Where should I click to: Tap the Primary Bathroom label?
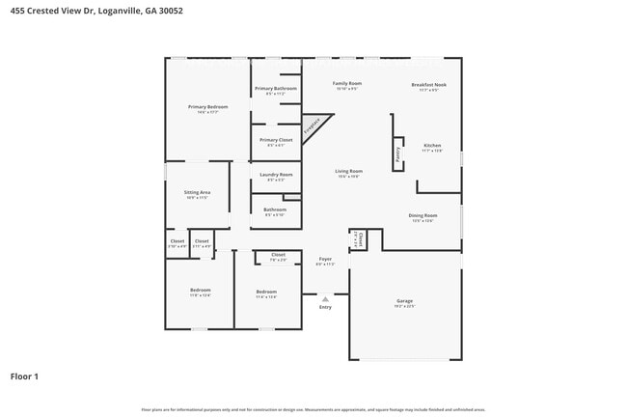[276, 89]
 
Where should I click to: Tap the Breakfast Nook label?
[428, 85]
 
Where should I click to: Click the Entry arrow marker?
[325, 300]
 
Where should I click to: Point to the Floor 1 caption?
[25, 376]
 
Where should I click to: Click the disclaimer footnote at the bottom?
[313, 410]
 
